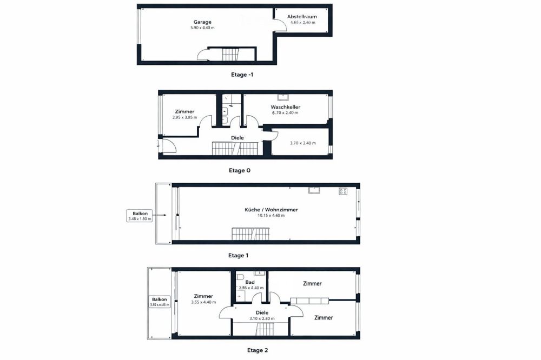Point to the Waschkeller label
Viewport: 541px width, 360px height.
(x=285, y=107)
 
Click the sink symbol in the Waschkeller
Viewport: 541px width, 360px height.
(x=283, y=98)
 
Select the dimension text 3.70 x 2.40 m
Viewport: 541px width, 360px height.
(x=302, y=143)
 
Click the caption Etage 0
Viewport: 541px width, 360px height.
(x=240, y=170)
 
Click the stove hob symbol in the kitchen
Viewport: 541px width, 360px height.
(x=342, y=191)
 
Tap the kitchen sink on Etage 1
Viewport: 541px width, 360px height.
(x=314, y=190)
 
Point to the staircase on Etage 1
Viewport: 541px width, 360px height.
(x=250, y=235)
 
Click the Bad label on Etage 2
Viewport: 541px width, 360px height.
(x=250, y=282)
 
